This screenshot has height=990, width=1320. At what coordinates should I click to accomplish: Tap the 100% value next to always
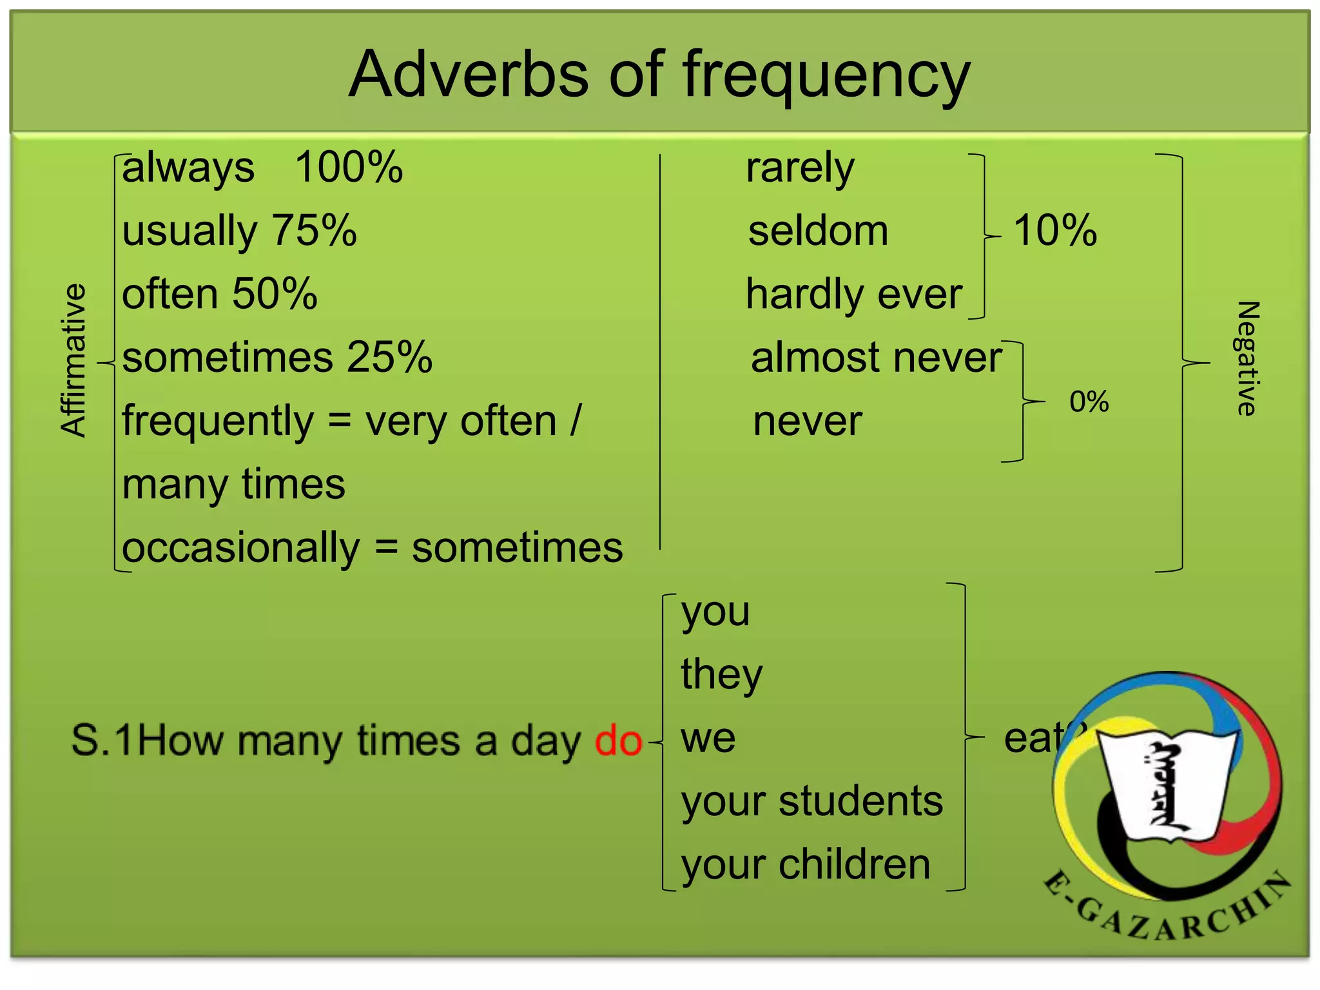tap(349, 168)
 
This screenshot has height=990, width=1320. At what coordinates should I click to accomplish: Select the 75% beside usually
tap(314, 231)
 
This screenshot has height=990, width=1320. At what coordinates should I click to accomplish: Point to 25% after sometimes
tap(389, 357)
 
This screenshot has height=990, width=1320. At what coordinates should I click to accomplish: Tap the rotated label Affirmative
tap(73, 361)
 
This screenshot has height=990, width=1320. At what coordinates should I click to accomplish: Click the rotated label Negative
tap(1247, 358)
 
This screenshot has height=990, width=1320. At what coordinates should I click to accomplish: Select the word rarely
tap(800, 169)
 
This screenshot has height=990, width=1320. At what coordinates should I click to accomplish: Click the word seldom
tap(818, 231)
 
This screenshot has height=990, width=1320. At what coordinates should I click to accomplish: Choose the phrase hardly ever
tap(853, 295)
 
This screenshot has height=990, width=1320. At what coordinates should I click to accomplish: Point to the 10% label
tap(1055, 231)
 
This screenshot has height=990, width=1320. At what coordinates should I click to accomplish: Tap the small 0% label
tap(1089, 402)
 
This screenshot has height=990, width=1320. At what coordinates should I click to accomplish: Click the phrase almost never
tap(876, 357)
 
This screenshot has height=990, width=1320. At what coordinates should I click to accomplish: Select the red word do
tap(618, 741)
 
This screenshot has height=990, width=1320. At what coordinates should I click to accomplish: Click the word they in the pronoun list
tap(721, 675)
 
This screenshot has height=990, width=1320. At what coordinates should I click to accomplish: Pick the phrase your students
tap(811, 802)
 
